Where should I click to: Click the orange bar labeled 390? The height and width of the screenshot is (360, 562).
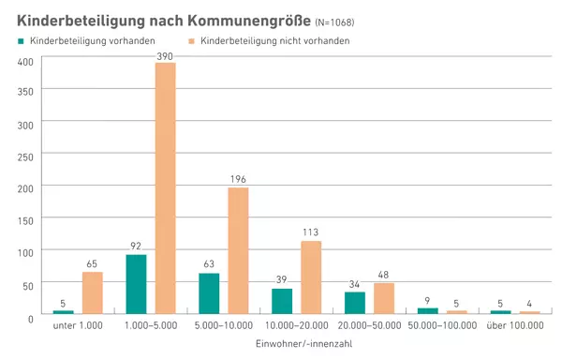165,187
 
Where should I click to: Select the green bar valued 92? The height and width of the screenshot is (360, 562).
136,283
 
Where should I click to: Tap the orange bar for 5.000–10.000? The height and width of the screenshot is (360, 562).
238,249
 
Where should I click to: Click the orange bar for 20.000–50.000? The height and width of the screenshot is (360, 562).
384,297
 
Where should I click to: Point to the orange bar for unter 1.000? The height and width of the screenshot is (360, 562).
92,292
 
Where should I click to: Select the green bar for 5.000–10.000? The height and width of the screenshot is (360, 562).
209,292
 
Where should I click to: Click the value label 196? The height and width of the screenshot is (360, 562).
238,179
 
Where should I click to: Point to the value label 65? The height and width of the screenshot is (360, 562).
92,263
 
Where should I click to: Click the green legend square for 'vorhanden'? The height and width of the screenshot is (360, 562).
20,41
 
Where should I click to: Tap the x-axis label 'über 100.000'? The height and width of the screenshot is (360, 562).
514,325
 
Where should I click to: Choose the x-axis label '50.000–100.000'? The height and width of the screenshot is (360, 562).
441,325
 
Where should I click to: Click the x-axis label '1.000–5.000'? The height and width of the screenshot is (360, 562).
150,325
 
